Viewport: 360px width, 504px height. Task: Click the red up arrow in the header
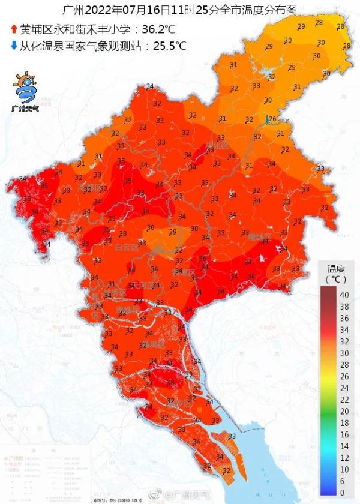click(14, 29)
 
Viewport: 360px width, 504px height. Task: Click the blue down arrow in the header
click(14, 45)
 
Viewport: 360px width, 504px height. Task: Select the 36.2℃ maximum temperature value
click(164, 29)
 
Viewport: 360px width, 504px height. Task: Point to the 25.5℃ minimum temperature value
click(166, 46)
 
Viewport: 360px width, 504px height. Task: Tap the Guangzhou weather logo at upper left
click(25, 93)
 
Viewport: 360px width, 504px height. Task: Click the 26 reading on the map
click(272, 119)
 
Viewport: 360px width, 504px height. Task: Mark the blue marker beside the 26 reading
click(267, 120)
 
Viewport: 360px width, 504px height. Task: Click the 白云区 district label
click(127, 247)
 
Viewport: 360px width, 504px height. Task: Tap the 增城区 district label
click(260, 238)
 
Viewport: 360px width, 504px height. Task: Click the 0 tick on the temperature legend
click(343, 493)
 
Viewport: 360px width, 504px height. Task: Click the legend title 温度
click(336, 268)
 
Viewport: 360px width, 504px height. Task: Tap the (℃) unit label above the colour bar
click(336, 280)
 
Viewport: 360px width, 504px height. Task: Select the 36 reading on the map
click(202, 259)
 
